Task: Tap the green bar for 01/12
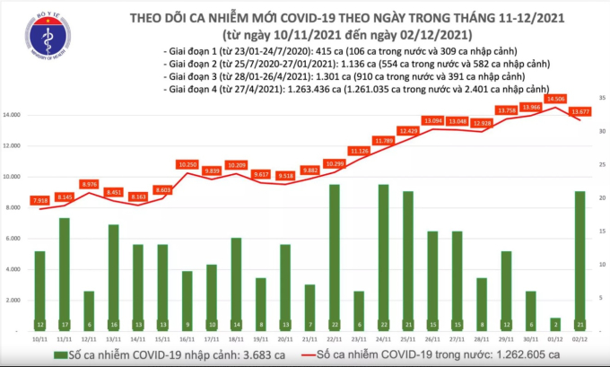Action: coord(555,325)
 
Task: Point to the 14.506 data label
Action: coord(556,99)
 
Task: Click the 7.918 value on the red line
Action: coord(39,199)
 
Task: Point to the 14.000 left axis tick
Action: coord(13,116)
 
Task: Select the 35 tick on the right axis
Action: coord(601,96)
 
